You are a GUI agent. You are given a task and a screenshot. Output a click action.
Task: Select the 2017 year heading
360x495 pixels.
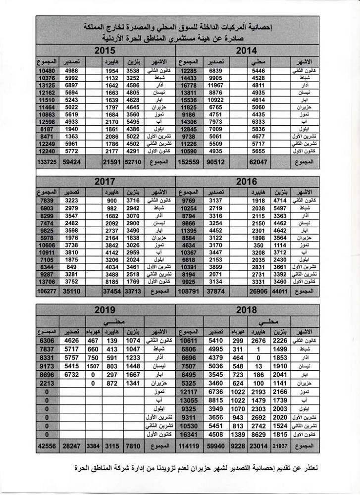click(x=106, y=181)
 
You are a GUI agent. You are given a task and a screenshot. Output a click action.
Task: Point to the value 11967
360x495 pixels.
click(x=216, y=86)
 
